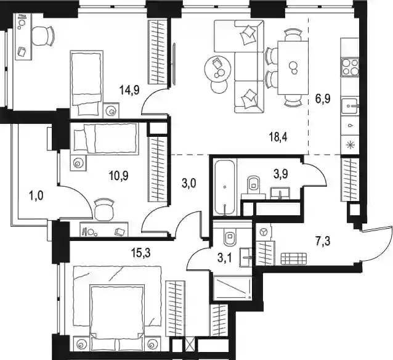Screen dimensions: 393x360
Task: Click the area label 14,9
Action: (129, 89)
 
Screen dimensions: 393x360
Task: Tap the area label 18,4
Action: (278, 137)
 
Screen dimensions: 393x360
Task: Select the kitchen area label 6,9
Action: (323, 99)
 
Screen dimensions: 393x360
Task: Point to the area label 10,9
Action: (118, 176)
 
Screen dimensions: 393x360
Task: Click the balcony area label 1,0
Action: (36, 195)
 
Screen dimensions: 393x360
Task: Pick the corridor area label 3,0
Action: (188, 184)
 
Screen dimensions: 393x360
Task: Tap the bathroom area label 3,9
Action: (280, 173)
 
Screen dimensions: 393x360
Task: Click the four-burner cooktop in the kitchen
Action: (350, 67)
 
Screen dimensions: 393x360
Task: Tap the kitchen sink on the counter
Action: (350, 107)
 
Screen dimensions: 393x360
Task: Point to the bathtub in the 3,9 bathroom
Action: (225, 187)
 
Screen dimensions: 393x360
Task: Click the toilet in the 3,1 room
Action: (230, 237)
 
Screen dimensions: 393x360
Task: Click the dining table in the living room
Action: (293, 68)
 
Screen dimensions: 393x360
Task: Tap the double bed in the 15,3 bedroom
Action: (117, 309)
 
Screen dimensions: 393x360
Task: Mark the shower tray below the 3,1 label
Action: (232, 288)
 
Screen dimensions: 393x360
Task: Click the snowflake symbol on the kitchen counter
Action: (349, 145)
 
